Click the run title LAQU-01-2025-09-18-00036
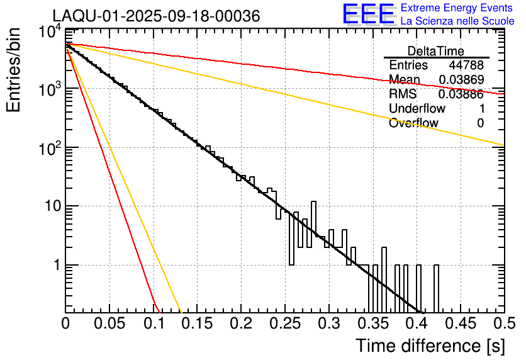tap(155, 16)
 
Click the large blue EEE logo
tap(368, 14)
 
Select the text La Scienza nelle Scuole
tap(457, 21)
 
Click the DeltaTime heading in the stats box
tap(436, 50)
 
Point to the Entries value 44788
tap(466, 65)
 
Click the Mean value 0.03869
tap(461, 80)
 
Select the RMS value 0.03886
tap(461, 94)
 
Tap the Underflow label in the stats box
tap(417, 108)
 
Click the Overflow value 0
tap(480, 123)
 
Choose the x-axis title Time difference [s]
tap(429, 346)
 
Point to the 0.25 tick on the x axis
tap(284, 323)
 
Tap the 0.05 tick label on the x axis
tap(109, 323)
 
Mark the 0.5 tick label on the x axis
tap(503, 323)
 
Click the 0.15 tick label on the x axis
tap(197, 323)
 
